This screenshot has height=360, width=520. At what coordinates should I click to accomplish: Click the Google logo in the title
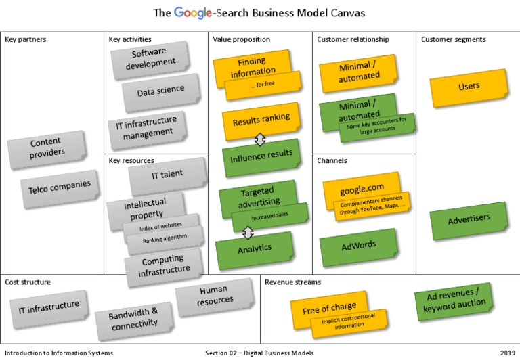(192, 13)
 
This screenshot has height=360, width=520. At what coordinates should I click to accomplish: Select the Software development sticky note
(150, 60)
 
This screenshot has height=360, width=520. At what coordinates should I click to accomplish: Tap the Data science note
(160, 91)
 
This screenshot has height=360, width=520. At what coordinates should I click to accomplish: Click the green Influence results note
(261, 155)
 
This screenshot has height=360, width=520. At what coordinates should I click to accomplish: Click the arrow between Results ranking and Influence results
(259, 140)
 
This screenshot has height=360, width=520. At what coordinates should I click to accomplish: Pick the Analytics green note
(254, 248)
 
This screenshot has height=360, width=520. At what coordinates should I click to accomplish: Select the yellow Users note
(469, 87)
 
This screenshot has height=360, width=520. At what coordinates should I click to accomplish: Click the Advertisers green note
(469, 220)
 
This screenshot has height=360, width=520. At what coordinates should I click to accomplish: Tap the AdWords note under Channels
(358, 245)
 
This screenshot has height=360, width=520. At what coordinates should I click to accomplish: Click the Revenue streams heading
(292, 282)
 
